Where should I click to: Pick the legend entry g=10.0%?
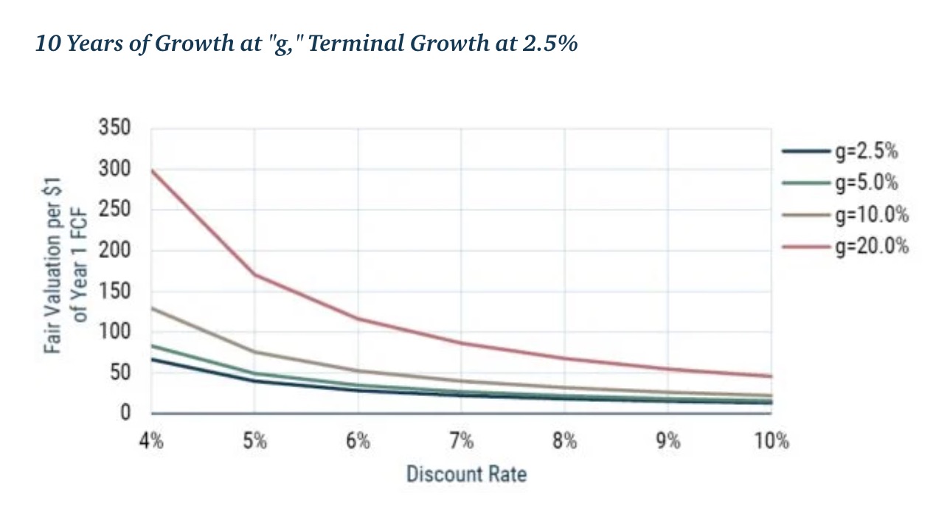point(870,215)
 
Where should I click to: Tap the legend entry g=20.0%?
point(870,246)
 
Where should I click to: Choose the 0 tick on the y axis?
point(125,413)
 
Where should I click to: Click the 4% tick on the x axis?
point(151,442)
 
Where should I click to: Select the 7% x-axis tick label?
point(461,442)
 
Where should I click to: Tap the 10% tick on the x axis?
point(772,442)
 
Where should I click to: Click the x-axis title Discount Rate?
point(466,473)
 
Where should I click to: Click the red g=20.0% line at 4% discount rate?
point(152,170)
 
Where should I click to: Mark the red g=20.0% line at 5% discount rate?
point(254,274)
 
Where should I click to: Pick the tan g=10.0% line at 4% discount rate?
point(152,308)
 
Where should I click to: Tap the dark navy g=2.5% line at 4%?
point(152,359)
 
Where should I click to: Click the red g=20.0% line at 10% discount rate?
point(771,376)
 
